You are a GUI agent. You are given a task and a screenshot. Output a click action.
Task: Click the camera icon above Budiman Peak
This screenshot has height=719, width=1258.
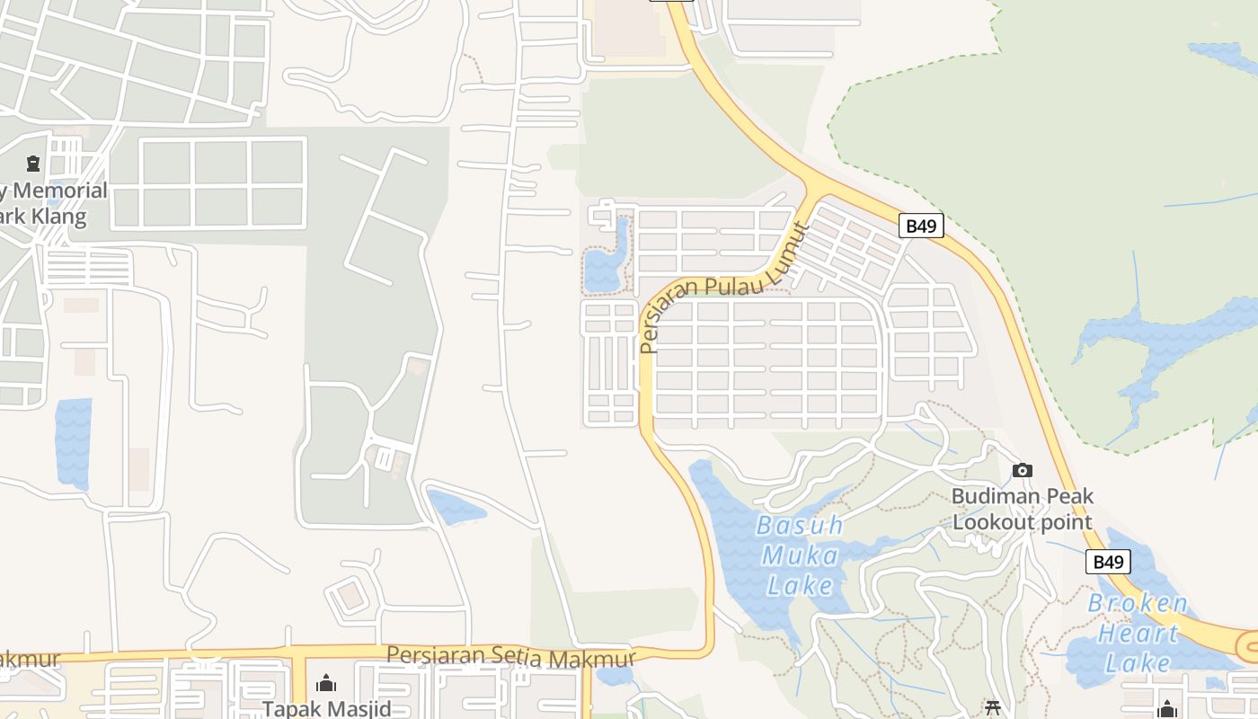[x=1022, y=470]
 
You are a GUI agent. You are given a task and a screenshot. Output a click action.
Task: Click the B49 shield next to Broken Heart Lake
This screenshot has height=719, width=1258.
[x=1108, y=563]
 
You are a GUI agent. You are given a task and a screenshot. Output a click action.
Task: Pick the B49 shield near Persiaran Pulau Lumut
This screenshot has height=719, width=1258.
[x=921, y=226]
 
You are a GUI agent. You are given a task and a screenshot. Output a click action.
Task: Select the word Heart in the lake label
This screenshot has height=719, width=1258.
[x=1138, y=634]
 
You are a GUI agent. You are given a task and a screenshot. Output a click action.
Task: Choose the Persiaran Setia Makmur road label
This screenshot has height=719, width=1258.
[x=510, y=657]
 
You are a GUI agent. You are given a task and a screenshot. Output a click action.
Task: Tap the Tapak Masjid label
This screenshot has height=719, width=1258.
[x=326, y=708]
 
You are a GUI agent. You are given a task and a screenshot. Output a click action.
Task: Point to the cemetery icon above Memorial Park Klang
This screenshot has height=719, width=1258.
[x=33, y=164]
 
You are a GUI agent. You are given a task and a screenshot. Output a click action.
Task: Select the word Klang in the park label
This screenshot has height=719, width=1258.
[x=61, y=217]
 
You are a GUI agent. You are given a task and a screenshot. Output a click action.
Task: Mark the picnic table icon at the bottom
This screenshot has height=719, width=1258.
[x=992, y=708]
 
